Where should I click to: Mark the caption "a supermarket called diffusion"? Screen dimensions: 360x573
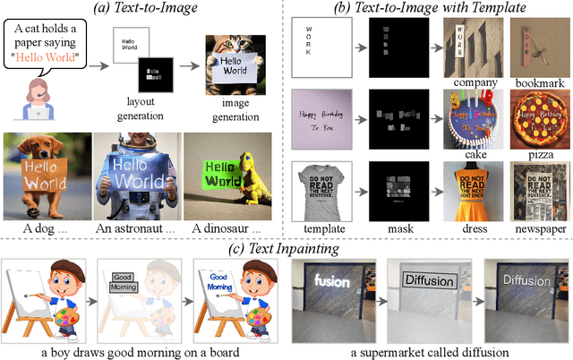click(x=430, y=351)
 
